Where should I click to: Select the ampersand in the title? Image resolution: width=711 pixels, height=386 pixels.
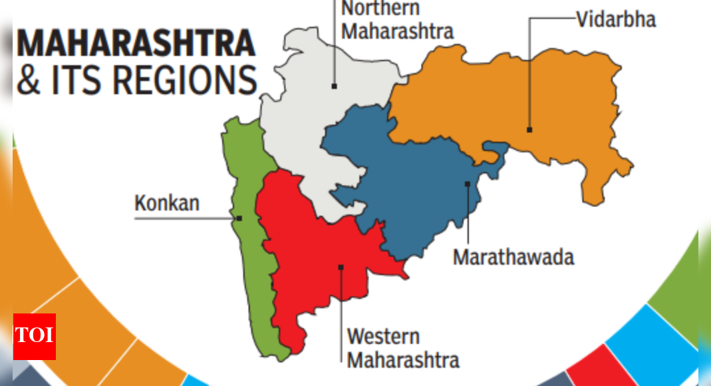click(x=28, y=80)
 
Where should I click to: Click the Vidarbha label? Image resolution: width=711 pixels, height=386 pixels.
click(x=615, y=19)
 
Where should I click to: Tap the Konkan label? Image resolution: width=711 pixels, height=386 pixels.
click(x=167, y=202)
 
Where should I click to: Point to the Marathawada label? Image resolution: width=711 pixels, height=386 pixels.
click(x=513, y=257)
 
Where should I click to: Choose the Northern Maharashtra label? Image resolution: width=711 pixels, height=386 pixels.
click(x=397, y=19)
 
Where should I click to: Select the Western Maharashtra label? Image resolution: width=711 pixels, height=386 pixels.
click(x=402, y=347)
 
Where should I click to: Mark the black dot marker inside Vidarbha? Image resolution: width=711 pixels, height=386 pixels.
click(x=529, y=130)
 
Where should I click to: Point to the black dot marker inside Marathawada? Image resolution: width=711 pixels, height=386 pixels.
click(x=468, y=184)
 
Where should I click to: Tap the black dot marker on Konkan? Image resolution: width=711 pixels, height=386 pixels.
click(x=239, y=218)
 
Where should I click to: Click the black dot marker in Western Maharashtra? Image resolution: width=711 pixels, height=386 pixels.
click(x=341, y=268)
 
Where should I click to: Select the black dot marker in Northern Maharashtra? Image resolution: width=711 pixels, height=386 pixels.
click(x=334, y=86)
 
